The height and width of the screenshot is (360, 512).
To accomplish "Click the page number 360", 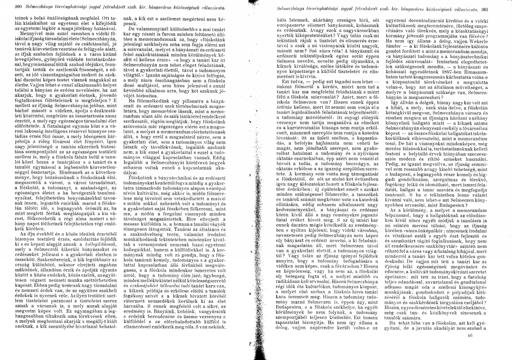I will pyautogui.click(x=6, y=9).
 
